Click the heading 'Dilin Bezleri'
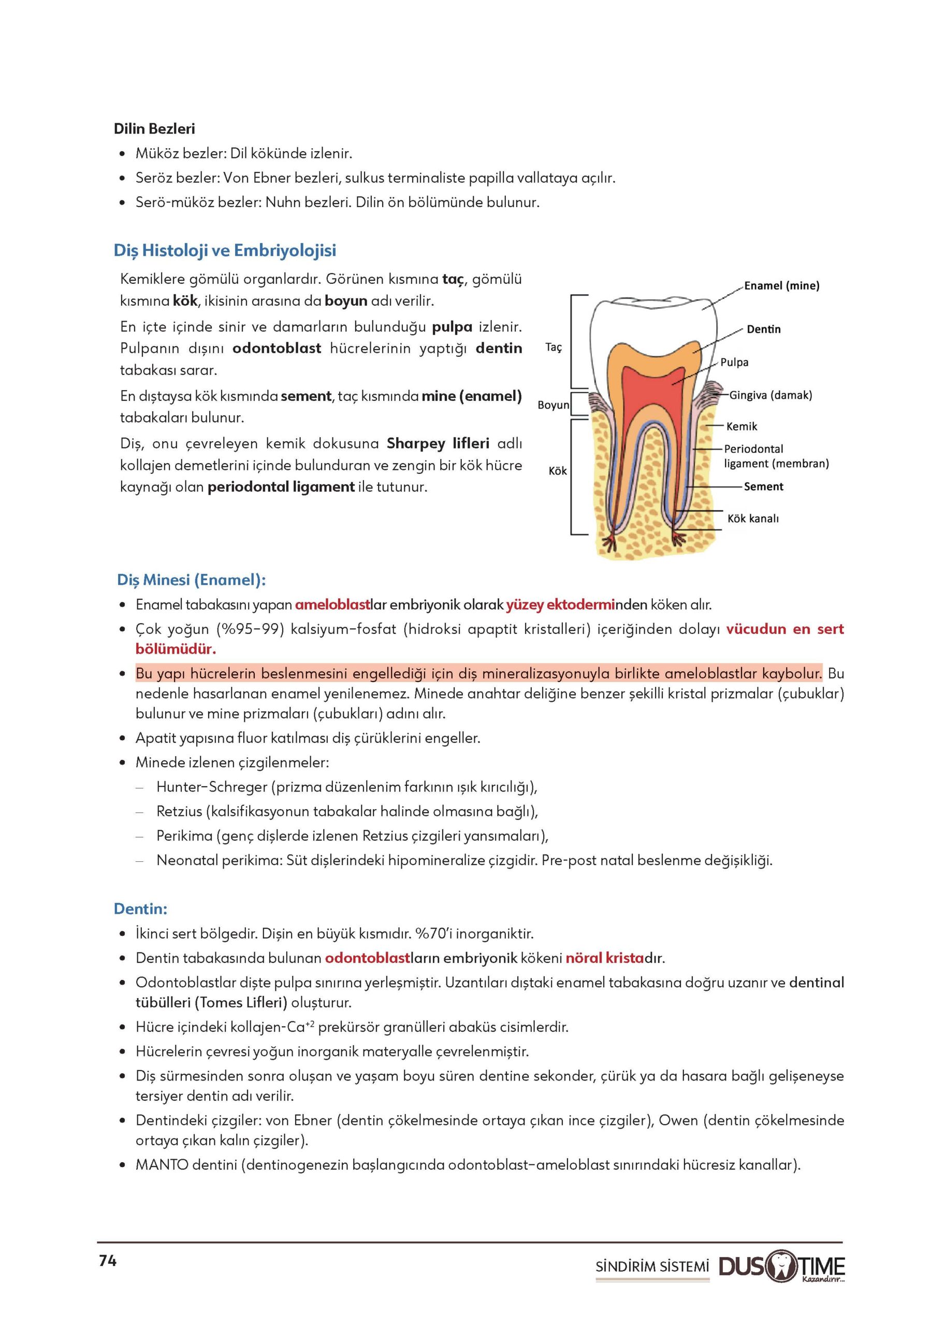click(154, 128)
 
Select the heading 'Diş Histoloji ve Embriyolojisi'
click(225, 250)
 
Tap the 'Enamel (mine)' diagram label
click(781, 286)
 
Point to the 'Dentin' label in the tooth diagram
click(763, 329)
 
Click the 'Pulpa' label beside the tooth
click(734, 362)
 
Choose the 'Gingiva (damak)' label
click(770, 395)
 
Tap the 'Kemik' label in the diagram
click(742, 427)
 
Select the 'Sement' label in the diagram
click(763, 486)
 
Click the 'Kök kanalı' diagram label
click(753, 518)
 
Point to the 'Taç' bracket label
click(554, 348)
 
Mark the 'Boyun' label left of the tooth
click(554, 405)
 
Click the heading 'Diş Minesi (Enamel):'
click(192, 580)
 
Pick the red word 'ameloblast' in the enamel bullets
click(332, 605)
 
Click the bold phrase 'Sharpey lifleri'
click(438, 443)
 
